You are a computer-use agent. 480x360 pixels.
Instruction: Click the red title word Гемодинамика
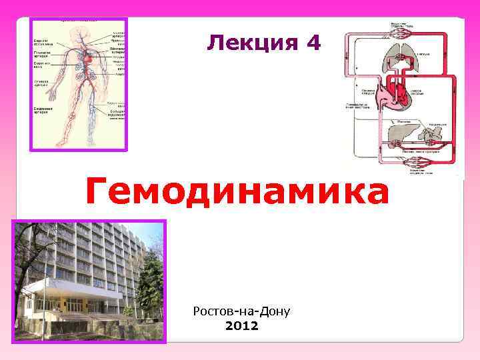pos(237,193)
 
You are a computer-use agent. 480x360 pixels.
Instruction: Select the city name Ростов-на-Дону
pos(241,311)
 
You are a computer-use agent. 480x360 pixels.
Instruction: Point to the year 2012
pos(241,327)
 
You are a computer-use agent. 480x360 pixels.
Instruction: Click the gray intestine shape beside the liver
pos(430,137)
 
